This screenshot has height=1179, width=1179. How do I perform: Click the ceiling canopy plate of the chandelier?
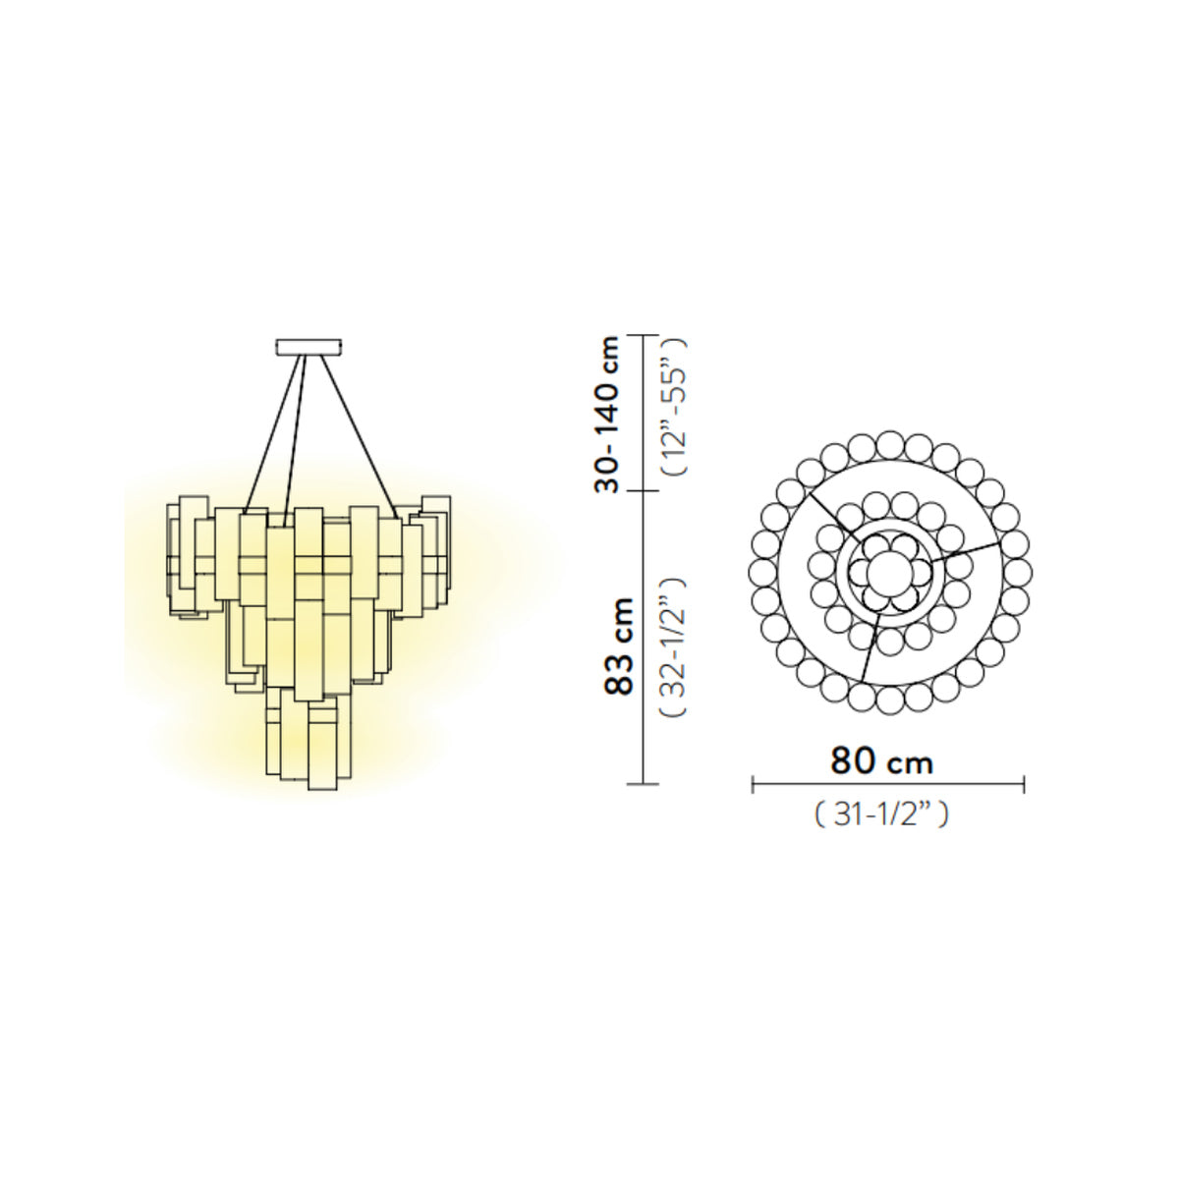click(309, 347)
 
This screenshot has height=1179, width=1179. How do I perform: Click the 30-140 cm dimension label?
click(607, 415)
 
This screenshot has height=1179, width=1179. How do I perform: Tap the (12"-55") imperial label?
click(674, 406)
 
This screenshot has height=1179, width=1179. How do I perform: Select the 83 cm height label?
click(619, 646)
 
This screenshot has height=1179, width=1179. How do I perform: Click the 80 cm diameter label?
click(881, 761)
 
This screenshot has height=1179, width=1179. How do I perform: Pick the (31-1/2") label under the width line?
click(881, 814)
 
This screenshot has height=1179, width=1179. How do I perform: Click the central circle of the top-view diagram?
click(889, 573)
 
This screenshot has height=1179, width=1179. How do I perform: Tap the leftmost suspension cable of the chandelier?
click(273, 434)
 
